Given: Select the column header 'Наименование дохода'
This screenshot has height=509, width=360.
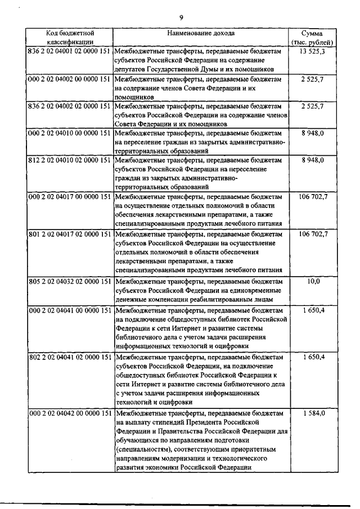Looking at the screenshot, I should pos(201,34).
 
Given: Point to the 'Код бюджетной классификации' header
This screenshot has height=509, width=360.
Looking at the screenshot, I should pos(69,38).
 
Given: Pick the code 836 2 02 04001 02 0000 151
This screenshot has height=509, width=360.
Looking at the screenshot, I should pos(69,52).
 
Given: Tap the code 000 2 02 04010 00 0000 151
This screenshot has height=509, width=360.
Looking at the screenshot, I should pos(69,133).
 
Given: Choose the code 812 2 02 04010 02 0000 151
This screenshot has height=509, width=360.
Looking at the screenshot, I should pos(69,160).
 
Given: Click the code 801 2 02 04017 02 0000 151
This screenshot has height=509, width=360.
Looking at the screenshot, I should pos(69,233).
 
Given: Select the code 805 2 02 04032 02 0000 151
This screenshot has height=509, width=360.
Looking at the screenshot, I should pos(69,281).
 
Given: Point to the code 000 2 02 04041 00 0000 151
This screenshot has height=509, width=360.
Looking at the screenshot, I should pos(69,310).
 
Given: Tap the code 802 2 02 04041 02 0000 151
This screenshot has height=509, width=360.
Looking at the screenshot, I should pos(69,357).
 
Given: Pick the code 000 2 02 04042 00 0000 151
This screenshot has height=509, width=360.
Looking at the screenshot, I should pos(69,413).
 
